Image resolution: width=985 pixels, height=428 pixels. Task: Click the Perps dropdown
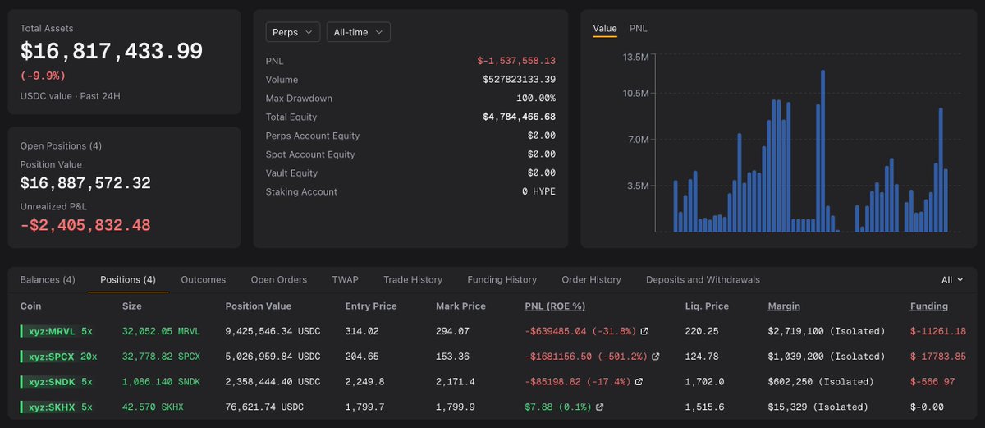point(292,32)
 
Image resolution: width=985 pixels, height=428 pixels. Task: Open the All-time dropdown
point(358,32)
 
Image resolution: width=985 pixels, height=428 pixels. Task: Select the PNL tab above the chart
point(638,29)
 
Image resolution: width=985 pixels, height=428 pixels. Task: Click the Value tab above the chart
point(605,29)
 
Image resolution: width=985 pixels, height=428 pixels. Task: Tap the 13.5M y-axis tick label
point(635,58)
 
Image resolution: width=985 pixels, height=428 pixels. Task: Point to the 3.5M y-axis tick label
point(638,186)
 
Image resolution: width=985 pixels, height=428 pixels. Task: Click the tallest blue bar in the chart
point(822,150)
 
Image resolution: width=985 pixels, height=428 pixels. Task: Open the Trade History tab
point(413,280)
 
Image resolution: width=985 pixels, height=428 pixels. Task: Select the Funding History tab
point(502,280)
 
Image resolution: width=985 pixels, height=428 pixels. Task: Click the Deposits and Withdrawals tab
point(703,280)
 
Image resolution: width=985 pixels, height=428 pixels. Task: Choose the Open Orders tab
point(279,280)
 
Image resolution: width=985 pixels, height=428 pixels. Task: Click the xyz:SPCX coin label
point(52,357)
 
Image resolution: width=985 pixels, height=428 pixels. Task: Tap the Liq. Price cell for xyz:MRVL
point(701,331)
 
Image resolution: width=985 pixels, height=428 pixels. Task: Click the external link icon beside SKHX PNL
point(599,407)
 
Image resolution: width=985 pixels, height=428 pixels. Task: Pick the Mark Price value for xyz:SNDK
point(455,382)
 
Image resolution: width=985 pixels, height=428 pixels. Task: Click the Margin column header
point(784,306)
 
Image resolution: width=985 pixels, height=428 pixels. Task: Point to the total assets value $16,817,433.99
point(112,51)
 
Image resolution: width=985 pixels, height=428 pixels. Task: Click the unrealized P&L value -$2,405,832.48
point(85,225)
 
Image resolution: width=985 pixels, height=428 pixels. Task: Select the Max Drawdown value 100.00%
point(535,98)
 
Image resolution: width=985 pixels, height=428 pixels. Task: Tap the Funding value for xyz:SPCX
point(938,357)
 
